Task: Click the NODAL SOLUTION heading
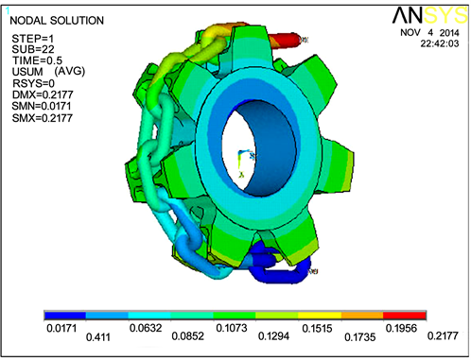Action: tap(57, 21)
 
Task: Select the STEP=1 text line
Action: tap(33, 39)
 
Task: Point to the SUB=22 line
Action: tap(33, 49)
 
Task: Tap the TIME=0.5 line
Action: tap(37, 60)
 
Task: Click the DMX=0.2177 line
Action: tap(43, 94)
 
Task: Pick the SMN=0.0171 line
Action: tap(42, 106)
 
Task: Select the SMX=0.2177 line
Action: tap(43, 118)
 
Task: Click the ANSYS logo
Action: tap(430, 15)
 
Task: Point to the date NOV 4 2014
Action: tap(429, 33)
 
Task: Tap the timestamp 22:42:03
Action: tap(440, 43)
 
